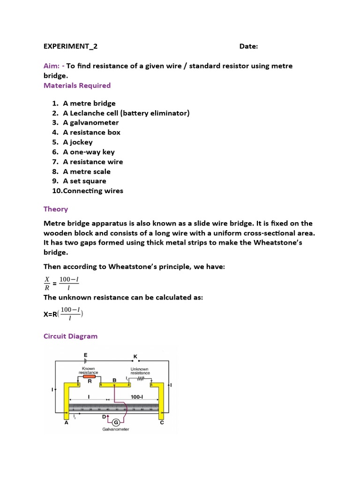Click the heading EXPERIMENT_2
[x=70, y=46]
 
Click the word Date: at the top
[x=248, y=46]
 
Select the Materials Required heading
[x=77, y=85]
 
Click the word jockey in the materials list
[x=81, y=142]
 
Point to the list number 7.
[x=55, y=162]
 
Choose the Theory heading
[x=55, y=209]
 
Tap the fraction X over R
[x=47, y=284]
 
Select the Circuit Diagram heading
[x=70, y=336]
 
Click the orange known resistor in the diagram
[x=89, y=376]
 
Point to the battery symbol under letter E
[x=85, y=361]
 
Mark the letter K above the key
[x=135, y=357]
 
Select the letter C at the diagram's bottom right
[x=162, y=422]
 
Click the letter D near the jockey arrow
[x=104, y=416]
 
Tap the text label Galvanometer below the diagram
[x=116, y=429]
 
